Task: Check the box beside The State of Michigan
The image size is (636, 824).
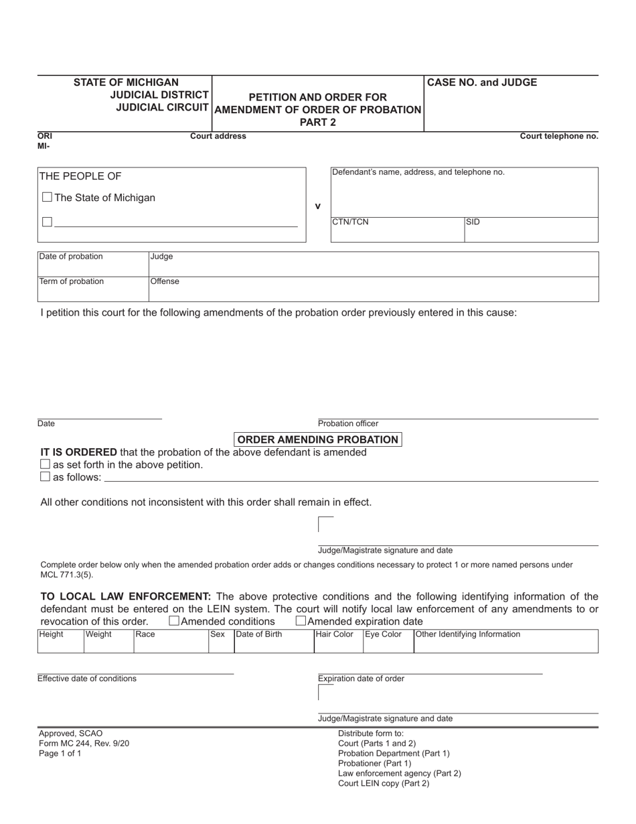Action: tap(47, 198)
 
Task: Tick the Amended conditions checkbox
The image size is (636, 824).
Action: tap(174, 621)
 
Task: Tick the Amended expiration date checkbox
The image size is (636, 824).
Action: tap(301, 621)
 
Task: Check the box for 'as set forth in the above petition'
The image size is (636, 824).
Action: tap(46, 464)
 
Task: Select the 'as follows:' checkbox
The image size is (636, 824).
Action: tap(46, 477)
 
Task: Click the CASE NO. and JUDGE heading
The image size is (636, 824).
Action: tap(481, 82)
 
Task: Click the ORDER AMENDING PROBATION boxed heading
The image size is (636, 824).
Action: tap(318, 439)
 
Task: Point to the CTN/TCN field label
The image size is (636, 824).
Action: tap(350, 222)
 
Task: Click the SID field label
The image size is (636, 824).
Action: tap(473, 222)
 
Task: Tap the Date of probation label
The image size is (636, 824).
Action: tap(71, 257)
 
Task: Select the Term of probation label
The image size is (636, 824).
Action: tap(72, 281)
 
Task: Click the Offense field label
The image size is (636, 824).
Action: tap(165, 281)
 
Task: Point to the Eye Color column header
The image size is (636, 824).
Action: tap(384, 634)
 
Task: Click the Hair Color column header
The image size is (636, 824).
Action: tap(335, 634)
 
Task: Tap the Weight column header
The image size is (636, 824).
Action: tap(99, 634)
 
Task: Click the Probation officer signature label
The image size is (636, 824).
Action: tap(347, 423)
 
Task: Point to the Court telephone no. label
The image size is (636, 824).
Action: tap(559, 136)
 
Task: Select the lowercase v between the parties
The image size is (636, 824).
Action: tap(317, 206)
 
